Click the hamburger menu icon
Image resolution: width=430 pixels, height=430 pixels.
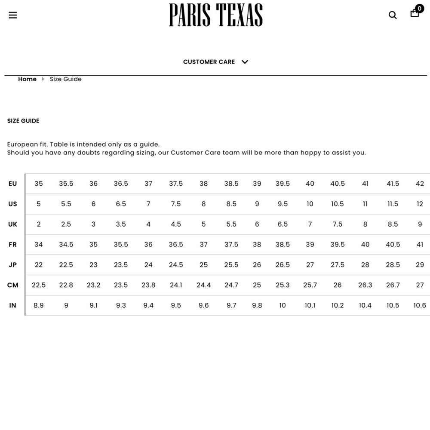[x=13, y=15]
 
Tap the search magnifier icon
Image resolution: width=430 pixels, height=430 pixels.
[x=393, y=15]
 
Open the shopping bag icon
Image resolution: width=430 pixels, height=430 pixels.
[x=415, y=13]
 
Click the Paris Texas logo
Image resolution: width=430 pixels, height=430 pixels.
[x=215, y=15]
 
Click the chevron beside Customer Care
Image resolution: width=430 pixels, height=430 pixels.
[x=245, y=62]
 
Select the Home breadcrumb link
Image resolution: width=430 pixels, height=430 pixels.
[x=27, y=79]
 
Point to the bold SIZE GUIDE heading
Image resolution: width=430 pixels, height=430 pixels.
[x=23, y=121]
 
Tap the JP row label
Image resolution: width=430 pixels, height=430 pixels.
[x=13, y=265]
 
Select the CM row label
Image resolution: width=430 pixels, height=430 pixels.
[x=13, y=285]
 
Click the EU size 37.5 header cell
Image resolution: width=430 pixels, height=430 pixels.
[x=176, y=184]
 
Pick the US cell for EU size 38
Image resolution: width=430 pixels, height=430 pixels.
[x=203, y=204]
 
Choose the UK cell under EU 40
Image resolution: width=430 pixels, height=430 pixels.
[x=310, y=224]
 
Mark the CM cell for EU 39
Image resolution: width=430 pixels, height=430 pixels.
[x=257, y=285]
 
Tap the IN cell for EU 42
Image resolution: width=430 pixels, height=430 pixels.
[x=420, y=305]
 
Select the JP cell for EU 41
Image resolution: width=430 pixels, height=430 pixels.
[x=365, y=265]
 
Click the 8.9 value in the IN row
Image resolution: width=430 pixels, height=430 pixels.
[x=39, y=305]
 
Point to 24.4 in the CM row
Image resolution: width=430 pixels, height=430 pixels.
[x=203, y=285]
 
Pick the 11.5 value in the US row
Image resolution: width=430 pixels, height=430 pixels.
[x=393, y=204]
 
